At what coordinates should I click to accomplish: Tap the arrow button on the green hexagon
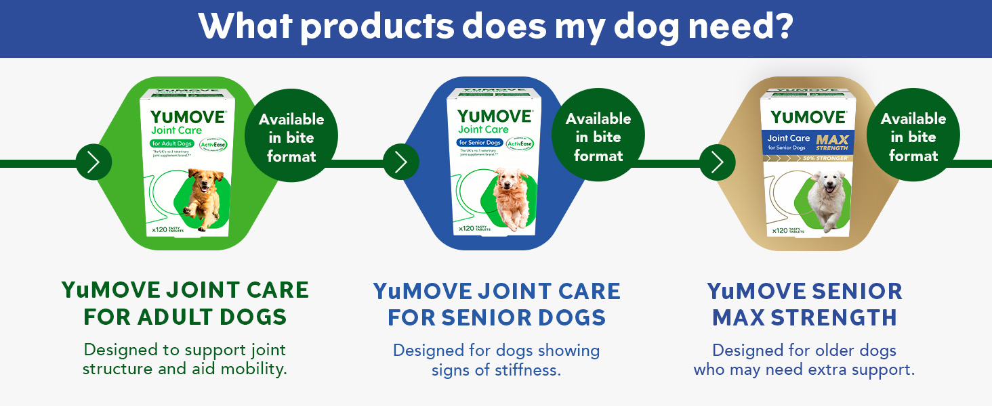coord(94,162)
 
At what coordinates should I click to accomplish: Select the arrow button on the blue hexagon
coord(401,162)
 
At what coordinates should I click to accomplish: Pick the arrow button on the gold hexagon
coord(717,162)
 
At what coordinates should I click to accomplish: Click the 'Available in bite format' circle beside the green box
coord(291,137)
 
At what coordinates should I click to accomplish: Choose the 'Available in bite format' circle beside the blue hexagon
coord(598,137)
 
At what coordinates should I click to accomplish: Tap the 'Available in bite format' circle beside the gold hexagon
coord(913,137)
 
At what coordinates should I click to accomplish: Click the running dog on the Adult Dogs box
coord(200,198)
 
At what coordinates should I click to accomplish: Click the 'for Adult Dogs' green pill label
coord(172,143)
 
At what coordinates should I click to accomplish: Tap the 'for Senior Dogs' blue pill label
coord(480,143)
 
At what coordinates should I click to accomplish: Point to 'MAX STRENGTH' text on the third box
coord(831,143)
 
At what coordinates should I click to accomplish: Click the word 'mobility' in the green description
coord(253,369)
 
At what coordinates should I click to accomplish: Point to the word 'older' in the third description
coord(814,351)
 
